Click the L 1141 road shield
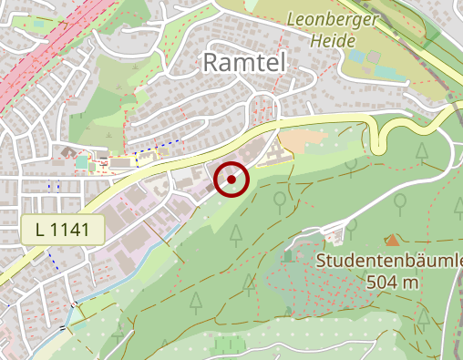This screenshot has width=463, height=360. tap(63, 231)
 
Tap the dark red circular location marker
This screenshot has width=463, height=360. tap(231, 180)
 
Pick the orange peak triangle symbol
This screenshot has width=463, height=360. tap(392, 240)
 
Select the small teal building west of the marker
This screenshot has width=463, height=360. tap(83, 162)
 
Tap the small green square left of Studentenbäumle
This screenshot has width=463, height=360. tap(290, 256)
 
